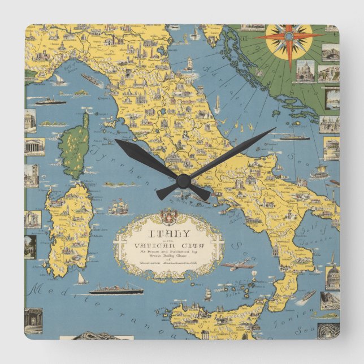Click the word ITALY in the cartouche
tap(169, 233)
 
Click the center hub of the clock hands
tap(182, 181)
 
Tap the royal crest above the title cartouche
tap(168, 216)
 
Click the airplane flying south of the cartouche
tap(237, 265)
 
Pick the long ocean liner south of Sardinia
tap(116, 289)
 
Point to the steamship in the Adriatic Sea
tap(294, 136)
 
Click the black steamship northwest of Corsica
tap(51, 101)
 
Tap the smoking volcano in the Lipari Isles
tap(254, 276)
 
